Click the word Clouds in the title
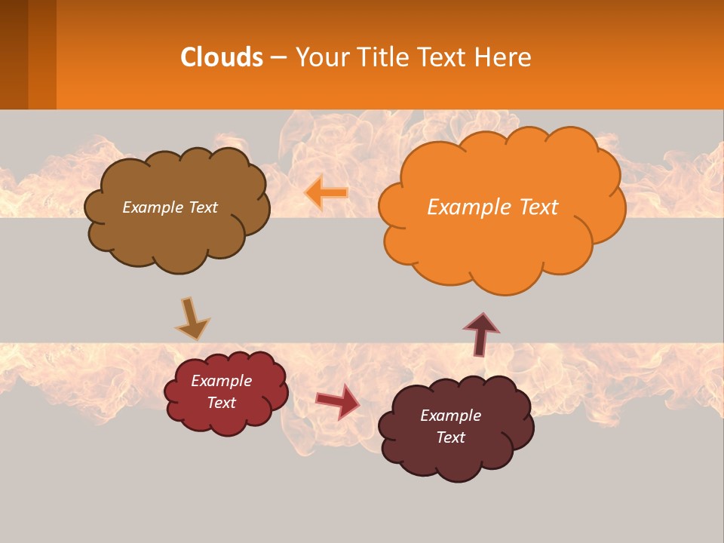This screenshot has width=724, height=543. pyautogui.click(x=222, y=57)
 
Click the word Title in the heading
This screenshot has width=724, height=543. pyautogui.click(x=381, y=57)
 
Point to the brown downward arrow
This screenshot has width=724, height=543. pyautogui.click(x=192, y=319)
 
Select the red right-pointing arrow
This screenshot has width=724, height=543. pyautogui.click(x=337, y=401)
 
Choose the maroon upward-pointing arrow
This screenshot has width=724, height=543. pyautogui.click(x=481, y=333)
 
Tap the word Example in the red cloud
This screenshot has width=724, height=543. pyautogui.click(x=221, y=381)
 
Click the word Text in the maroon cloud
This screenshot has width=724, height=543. pyautogui.click(x=450, y=437)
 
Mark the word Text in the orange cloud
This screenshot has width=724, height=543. pyautogui.click(x=538, y=207)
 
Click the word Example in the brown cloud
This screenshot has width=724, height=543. pyautogui.click(x=153, y=207)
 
